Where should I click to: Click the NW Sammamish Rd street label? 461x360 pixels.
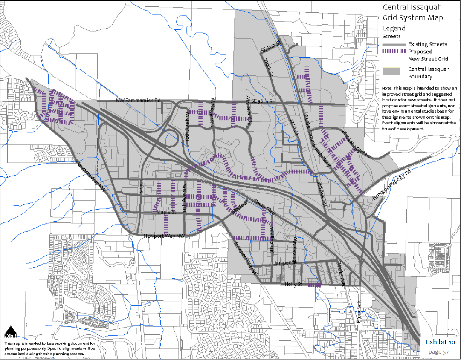click(138, 101)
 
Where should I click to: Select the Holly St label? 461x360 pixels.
click(293, 284)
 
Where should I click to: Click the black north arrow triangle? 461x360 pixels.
click(11, 330)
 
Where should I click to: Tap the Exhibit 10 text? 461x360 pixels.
click(440, 342)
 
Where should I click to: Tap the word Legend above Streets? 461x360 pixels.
click(394, 28)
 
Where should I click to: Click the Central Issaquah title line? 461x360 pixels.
click(412, 7)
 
